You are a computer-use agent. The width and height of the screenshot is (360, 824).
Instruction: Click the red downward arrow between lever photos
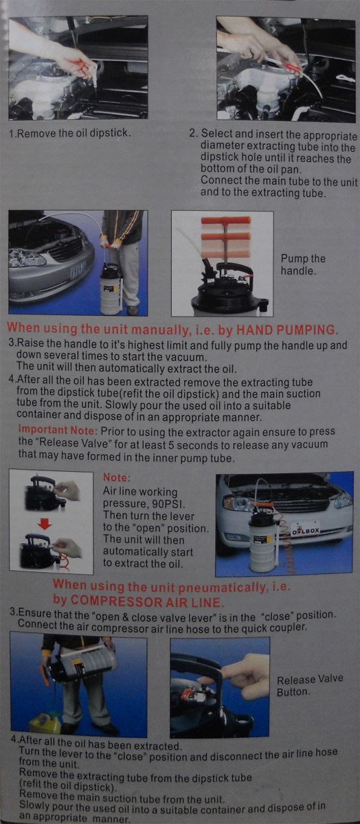click(45, 524)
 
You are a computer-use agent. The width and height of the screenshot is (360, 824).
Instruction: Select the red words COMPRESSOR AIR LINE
click(146, 602)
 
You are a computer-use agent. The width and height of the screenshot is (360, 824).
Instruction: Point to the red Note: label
click(117, 477)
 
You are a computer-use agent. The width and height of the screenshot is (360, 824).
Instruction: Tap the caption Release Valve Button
click(310, 685)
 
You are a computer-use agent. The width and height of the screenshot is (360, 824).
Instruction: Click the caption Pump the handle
click(303, 264)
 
